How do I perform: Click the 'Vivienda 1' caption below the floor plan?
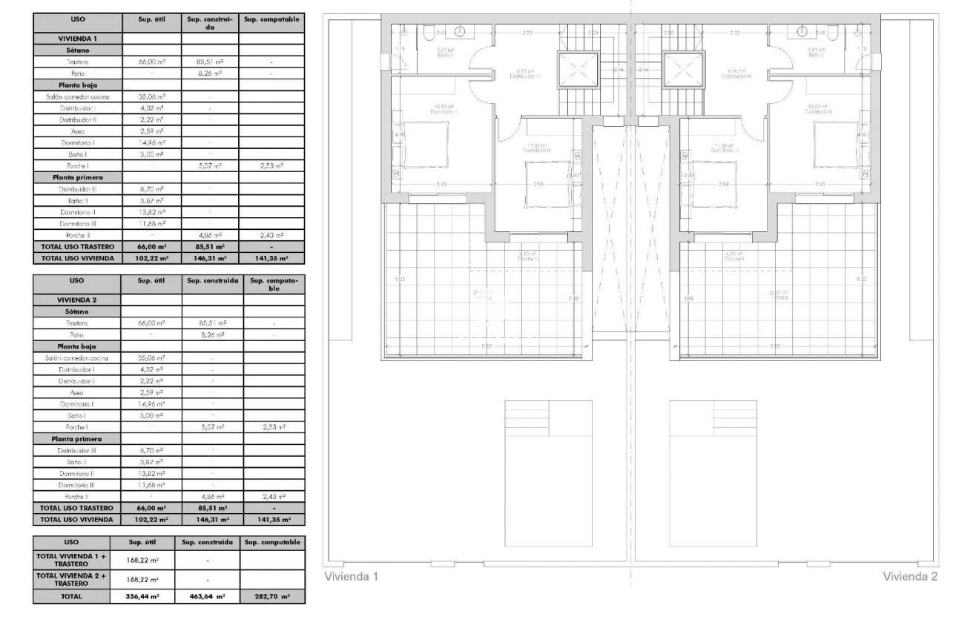click(352, 576)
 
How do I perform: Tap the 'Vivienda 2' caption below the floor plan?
click(910, 576)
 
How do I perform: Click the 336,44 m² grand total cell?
click(142, 595)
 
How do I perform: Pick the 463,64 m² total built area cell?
click(208, 595)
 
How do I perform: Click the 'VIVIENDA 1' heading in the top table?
click(77, 37)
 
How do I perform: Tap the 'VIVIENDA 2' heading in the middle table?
click(77, 300)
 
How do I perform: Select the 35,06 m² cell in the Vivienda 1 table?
click(151, 96)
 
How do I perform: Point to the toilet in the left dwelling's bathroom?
click(428, 33)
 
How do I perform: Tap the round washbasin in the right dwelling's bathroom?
click(802, 31)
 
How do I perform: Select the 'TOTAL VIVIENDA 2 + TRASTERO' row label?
click(71, 579)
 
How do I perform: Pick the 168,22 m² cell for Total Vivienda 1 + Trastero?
click(142, 560)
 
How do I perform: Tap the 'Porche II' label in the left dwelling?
click(527, 260)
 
